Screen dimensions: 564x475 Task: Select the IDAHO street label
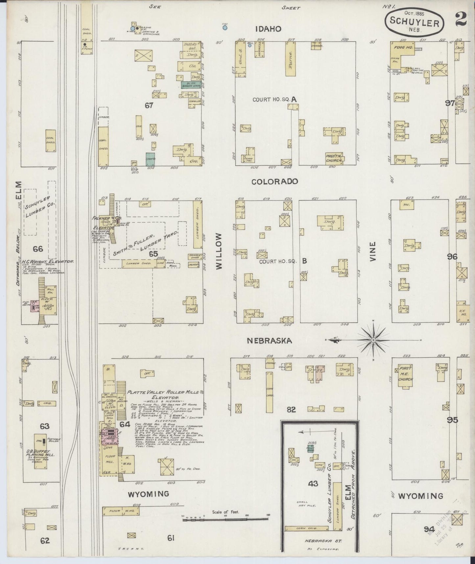tap(268, 29)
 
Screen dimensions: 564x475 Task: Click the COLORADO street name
tap(275, 181)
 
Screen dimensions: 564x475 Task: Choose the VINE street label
tap(372, 252)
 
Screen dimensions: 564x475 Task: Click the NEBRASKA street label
tap(269, 341)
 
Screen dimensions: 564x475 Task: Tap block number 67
tap(149, 105)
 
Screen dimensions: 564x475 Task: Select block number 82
tap(291, 409)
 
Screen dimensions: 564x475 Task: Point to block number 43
tap(313, 483)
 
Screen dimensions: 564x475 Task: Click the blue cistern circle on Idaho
tap(225, 28)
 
